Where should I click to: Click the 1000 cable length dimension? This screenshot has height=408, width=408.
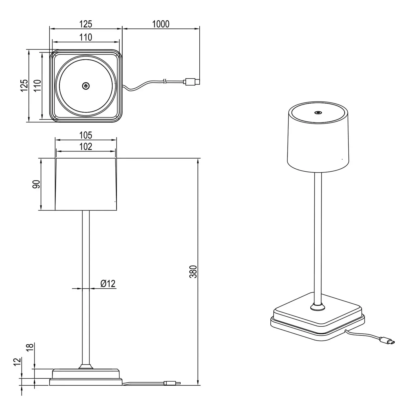161,24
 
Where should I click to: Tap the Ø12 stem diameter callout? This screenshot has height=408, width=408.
108,284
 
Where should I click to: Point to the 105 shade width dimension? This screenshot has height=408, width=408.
86,135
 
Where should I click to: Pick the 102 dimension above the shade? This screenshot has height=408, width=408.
86,147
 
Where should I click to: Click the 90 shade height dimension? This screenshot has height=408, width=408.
36,184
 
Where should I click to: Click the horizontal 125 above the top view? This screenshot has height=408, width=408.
86,24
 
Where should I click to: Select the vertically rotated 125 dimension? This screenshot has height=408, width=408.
24,86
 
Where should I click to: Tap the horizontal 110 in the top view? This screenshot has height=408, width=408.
86,37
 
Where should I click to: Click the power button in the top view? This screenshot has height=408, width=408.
86,86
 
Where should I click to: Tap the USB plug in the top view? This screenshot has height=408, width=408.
192,82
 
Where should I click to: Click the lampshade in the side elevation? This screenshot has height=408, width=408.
86,184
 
